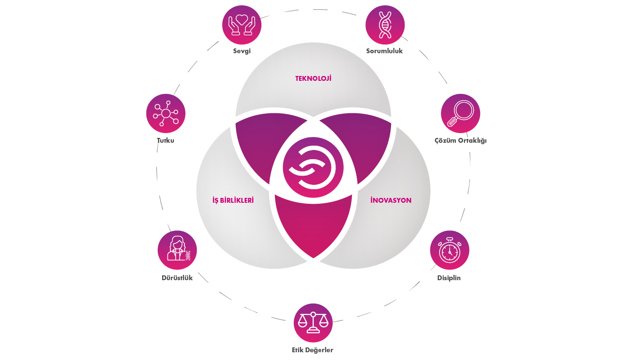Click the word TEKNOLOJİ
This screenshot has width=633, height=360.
coord(313,78)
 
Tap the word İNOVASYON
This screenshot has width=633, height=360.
coord(391,200)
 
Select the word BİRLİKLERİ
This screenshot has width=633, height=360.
coord(238,200)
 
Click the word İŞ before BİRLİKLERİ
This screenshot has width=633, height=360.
coord(216,200)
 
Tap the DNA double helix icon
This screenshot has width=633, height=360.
coord(385,25)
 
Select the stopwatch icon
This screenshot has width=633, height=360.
coord(450,250)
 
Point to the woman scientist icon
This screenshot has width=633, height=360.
coord(177,249)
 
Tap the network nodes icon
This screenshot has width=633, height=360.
coord(166,114)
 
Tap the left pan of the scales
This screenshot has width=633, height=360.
coord(302,324)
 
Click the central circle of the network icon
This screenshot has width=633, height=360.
coord(166,114)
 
